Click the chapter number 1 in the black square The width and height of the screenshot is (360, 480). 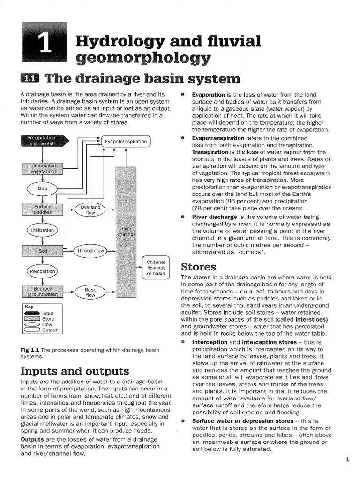tap(45, 46)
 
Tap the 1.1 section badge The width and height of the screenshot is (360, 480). tap(30, 78)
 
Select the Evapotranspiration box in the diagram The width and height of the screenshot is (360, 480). tap(126, 141)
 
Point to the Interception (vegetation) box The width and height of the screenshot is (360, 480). tap(43, 169)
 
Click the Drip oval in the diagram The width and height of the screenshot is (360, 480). tap(43, 189)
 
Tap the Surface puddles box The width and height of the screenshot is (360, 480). tap(43, 209)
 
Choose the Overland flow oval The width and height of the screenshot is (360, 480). tap(90, 210)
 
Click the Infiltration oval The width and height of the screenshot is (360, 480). tap(43, 230)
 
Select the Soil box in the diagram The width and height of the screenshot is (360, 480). tap(43, 251)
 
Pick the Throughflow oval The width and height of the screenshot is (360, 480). tap(90, 251)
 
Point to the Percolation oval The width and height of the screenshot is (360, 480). tap(43, 271)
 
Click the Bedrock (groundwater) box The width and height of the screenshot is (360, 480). tap(43, 292)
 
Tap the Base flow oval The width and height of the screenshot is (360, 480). tap(90, 292)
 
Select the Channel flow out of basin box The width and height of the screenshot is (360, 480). tap(156, 268)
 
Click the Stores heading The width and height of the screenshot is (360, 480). tap(198, 267)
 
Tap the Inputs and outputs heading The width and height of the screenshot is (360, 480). tap(75, 371)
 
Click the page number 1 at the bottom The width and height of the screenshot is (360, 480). tap(347, 460)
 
